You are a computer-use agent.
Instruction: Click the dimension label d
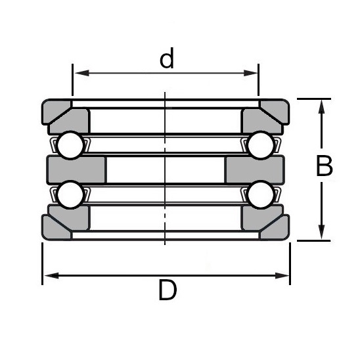pos(167,60)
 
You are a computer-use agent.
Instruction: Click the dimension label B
pos(324,167)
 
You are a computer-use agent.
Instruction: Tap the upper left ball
pos(69,145)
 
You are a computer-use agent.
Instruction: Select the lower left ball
pos(69,195)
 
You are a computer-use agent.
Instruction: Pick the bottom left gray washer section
pos(66,221)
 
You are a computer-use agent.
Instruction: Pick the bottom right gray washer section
pos(265,221)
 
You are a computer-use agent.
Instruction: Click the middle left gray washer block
pos(76,169)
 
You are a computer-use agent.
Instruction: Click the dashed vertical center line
pos(165,169)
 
